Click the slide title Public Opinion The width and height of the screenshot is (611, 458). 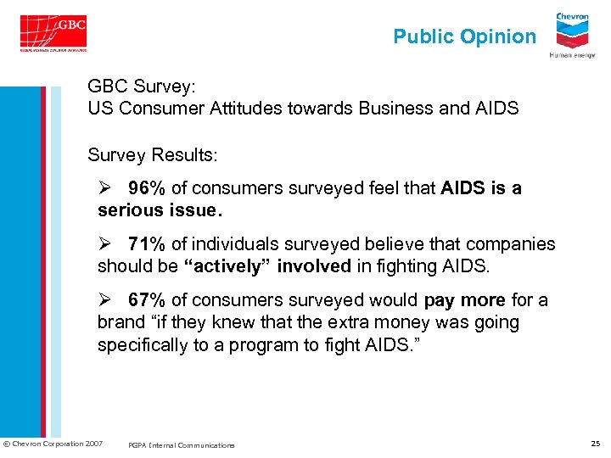(x=464, y=36)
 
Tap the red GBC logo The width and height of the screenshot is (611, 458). (x=54, y=32)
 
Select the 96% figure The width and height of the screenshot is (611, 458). (x=147, y=188)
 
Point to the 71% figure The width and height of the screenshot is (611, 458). (x=147, y=244)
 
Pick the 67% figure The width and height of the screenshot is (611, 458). (x=147, y=300)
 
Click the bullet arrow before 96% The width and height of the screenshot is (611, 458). (x=105, y=188)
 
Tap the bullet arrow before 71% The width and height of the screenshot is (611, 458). (x=105, y=244)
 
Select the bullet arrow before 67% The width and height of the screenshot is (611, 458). (x=105, y=300)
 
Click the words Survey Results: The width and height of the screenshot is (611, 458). (x=153, y=156)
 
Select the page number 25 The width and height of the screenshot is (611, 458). (x=596, y=444)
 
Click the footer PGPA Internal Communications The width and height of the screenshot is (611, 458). (x=182, y=444)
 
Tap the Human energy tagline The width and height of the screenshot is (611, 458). (x=573, y=55)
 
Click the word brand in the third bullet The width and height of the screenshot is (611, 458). (x=121, y=322)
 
